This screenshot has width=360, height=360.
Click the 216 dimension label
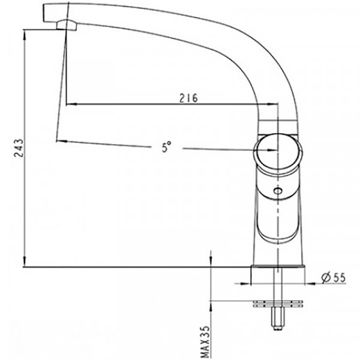click(x=188, y=98)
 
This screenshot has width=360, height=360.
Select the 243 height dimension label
click(x=19, y=148)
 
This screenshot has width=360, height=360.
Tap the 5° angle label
click(x=166, y=147)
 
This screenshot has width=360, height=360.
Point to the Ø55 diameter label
click(x=334, y=278)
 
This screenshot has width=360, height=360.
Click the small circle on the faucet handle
click(x=278, y=191)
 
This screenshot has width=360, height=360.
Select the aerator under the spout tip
click(x=67, y=25)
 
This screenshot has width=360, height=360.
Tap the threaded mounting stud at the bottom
click(x=278, y=319)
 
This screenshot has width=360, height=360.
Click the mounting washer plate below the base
click(x=278, y=304)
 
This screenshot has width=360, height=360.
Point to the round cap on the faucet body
click(x=278, y=154)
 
